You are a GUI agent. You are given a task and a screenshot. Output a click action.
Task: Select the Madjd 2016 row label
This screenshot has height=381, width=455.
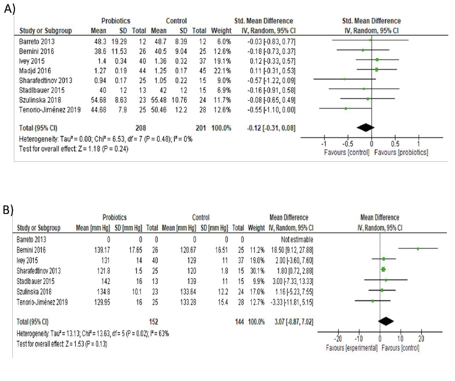point(35,69)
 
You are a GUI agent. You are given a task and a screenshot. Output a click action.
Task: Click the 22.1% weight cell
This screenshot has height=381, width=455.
point(220,69)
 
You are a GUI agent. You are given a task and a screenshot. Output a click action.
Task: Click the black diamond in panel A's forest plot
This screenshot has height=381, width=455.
point(365,126)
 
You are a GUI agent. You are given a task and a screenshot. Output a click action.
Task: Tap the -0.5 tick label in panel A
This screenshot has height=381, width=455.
point(346,144)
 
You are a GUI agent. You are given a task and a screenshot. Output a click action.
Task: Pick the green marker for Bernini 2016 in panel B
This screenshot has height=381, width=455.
point(418,249)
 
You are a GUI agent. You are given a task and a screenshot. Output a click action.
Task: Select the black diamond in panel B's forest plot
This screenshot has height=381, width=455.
point(385,321)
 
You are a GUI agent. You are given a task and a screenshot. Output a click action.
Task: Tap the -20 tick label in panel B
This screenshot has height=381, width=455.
point(337,339)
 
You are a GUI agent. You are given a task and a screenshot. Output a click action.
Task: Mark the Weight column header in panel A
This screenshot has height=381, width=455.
point(219,30)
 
